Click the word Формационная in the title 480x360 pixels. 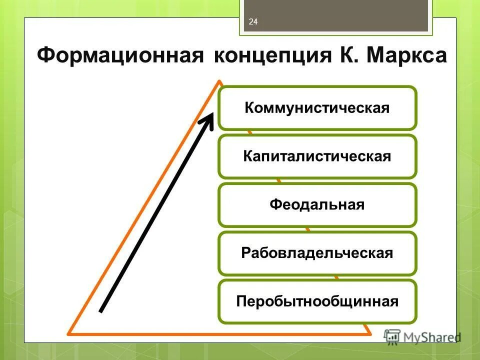(120, 54)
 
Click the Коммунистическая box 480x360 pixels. (317, 108)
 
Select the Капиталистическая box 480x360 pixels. (317, 156)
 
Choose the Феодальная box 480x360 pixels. (317, 205)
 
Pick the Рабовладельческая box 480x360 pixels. (317, 253)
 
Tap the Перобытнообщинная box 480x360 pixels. (317, 301)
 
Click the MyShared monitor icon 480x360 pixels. (392, 336)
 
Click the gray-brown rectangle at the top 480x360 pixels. (335, 15)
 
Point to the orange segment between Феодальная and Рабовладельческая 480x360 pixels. (307, 229)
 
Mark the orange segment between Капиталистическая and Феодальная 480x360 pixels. (278, 180)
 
